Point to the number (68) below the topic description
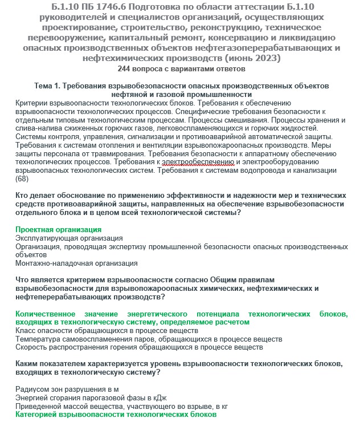(22, 178)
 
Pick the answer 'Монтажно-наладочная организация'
(76, 263)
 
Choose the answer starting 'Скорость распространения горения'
(139, 347)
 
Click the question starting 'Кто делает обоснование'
(180, 204)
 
